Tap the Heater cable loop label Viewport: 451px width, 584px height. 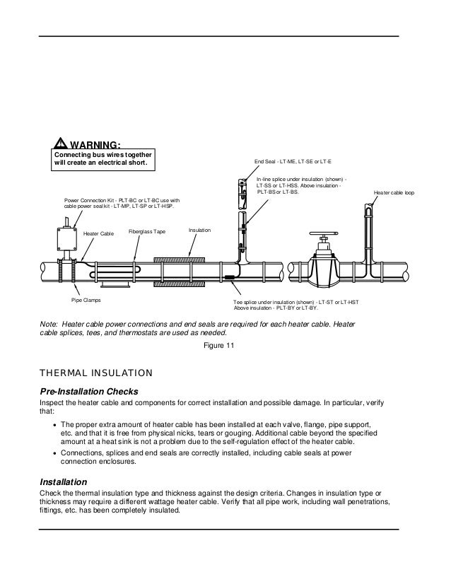[394, 192]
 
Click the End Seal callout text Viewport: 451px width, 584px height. [288, 163]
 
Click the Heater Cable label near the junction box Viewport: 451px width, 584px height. [98, 233]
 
